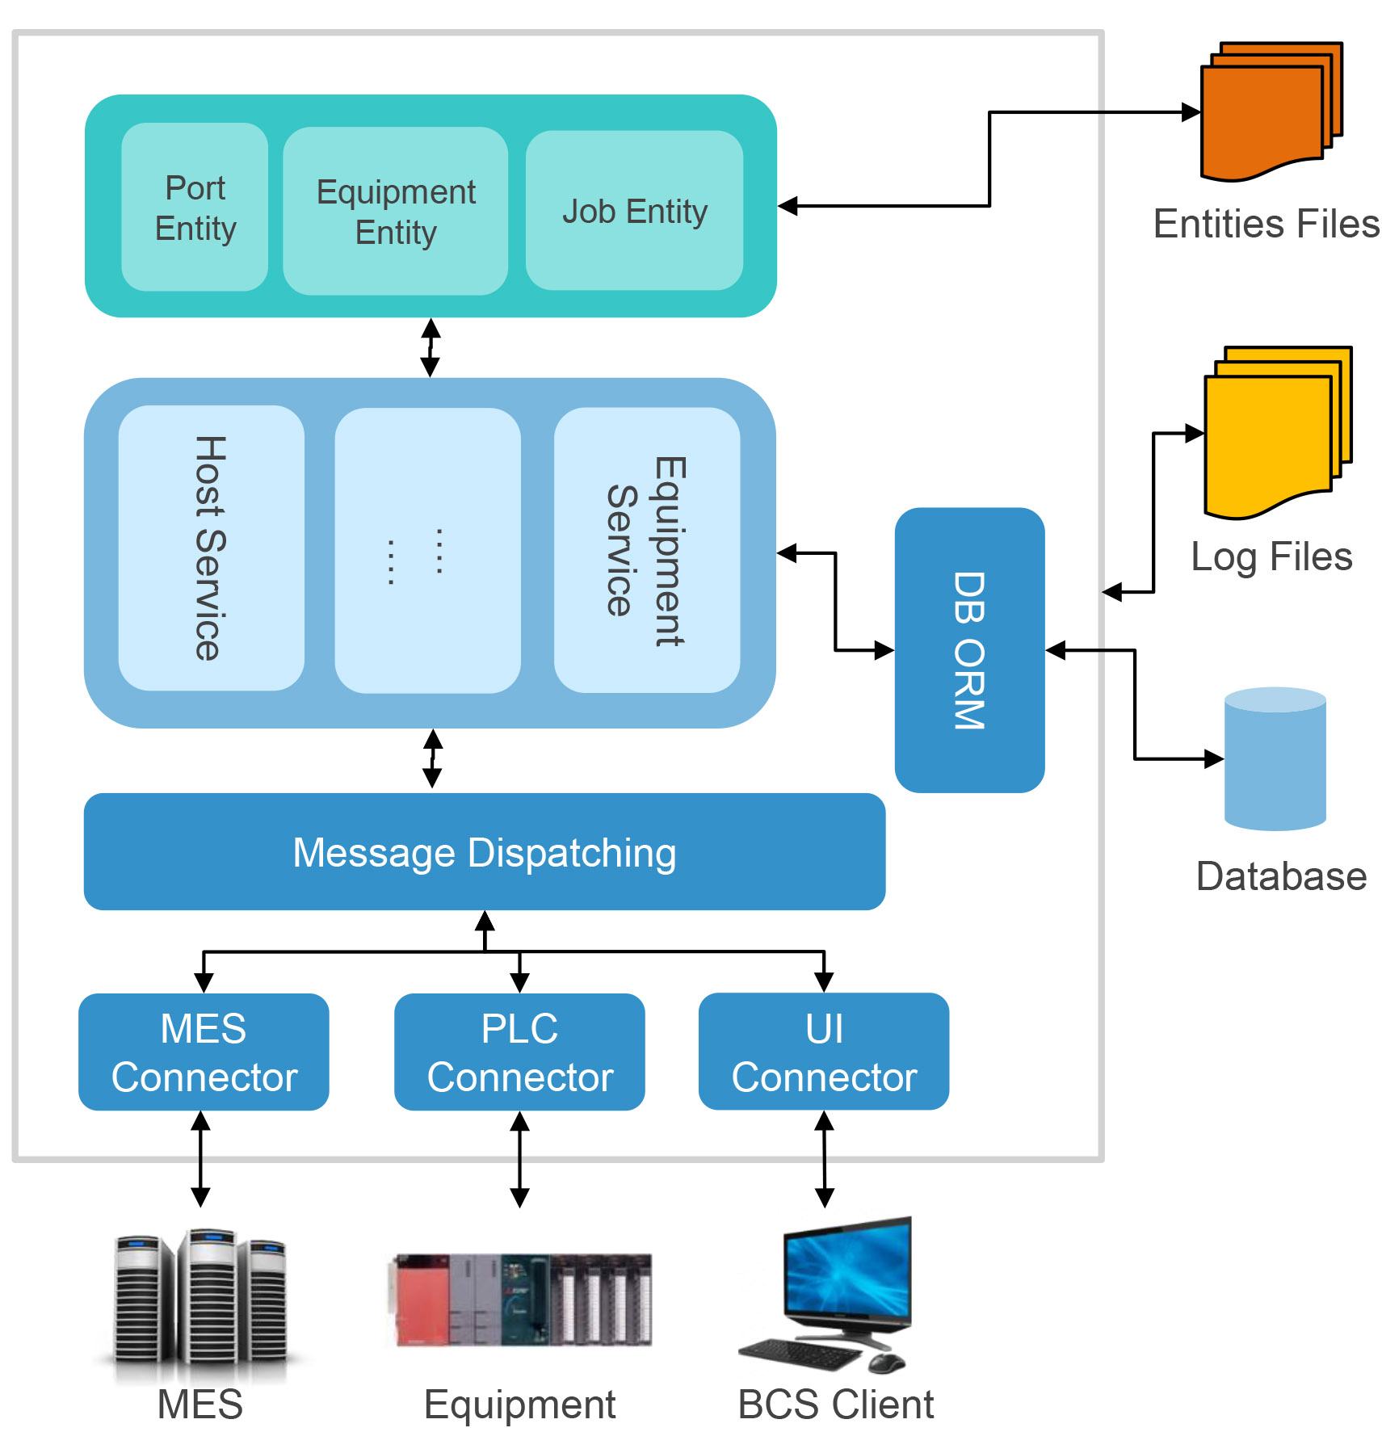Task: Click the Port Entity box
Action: point(195,207)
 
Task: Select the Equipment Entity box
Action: point(395,211)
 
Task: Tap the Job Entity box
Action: point(634,211)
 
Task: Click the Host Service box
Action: point(211,548)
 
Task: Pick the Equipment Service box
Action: point(646,550)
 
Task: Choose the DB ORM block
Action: point(969,649)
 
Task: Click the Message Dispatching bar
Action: point(484,851)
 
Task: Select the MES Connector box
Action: point(204,1052)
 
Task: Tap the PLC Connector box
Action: point(519,1052)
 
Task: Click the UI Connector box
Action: point(823,1052)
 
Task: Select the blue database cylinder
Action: point(1275,759)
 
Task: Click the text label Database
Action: point(1280,876)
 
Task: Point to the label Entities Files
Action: point(1266,224)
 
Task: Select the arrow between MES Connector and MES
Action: point(200,1158)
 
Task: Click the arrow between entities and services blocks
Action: point(431,347)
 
